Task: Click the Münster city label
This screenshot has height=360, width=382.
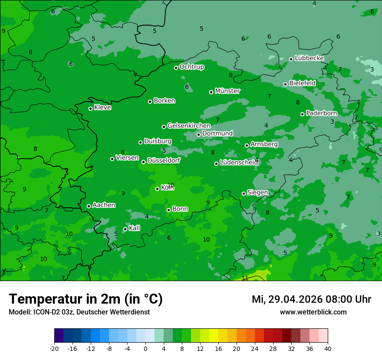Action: click(x=227, y=91)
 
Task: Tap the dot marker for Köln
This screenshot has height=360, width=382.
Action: click(x=157, y=189)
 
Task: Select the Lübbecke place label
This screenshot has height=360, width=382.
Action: click(x=309, y=58)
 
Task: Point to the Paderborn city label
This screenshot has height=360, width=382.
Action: click(x=321, y=113)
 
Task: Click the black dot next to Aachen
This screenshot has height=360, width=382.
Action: click(x=89, y=206)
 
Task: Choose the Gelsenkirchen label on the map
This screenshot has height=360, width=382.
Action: click(x=189, y=126)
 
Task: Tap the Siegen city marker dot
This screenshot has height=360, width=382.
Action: click(x=244, y=193)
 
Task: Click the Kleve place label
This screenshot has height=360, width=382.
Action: click(x=102, y=108)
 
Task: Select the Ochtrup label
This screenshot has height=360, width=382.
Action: click(x=191, y=67)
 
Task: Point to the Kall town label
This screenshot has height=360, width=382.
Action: click(x=134, y=228)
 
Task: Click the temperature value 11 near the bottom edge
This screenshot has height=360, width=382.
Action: click(x=245, y=278)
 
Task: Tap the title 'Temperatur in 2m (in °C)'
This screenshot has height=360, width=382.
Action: click(x=86, y=299)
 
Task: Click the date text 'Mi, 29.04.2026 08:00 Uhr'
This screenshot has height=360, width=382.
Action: click(x=311, y=299)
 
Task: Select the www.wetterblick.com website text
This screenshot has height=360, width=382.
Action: click(x=313, y=312)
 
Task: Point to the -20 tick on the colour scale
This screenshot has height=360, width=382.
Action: click(x=54, y=348)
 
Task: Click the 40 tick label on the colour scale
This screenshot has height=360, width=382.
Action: click(x=328, y=348)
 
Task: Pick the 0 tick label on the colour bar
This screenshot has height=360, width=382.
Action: click(x=145, y=348)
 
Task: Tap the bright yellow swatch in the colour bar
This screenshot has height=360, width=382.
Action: click(x=214, y=336)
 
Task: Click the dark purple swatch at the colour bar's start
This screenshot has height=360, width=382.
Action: click(x=59, y=336)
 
